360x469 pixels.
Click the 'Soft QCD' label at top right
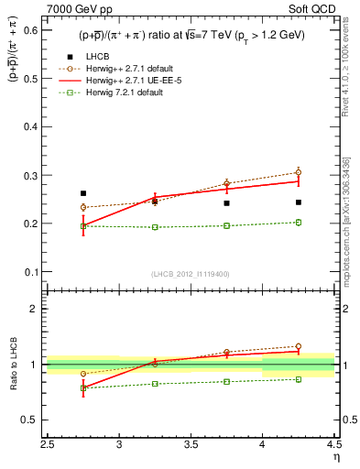point(314,10)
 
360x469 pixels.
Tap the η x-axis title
point(335,455)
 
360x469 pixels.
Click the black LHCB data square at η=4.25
point(298,202)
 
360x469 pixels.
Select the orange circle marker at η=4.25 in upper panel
point(298,172)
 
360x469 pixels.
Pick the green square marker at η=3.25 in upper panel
point(155,227)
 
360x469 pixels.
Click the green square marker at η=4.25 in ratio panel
point(298,379)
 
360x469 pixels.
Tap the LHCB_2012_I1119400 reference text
point(191,275)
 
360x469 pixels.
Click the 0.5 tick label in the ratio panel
point(34,420)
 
